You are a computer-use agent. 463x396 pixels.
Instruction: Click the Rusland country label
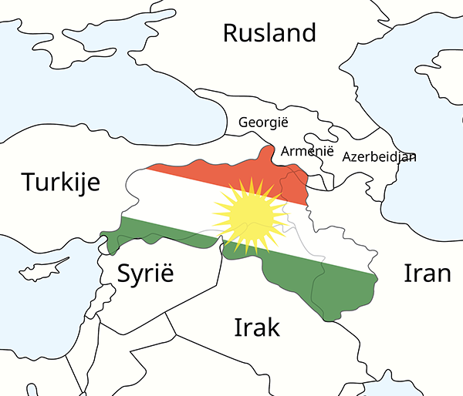269,33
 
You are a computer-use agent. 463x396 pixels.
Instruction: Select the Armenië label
307,151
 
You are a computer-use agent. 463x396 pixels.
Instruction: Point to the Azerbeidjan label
379,157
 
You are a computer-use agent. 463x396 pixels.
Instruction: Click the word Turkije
61,183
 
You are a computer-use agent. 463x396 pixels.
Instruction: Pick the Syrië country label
146,274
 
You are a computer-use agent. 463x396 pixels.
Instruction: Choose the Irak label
257,327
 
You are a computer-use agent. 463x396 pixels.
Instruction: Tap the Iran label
427,273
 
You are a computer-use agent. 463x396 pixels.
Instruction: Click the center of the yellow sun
248,216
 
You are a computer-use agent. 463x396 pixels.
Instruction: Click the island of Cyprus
42,272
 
